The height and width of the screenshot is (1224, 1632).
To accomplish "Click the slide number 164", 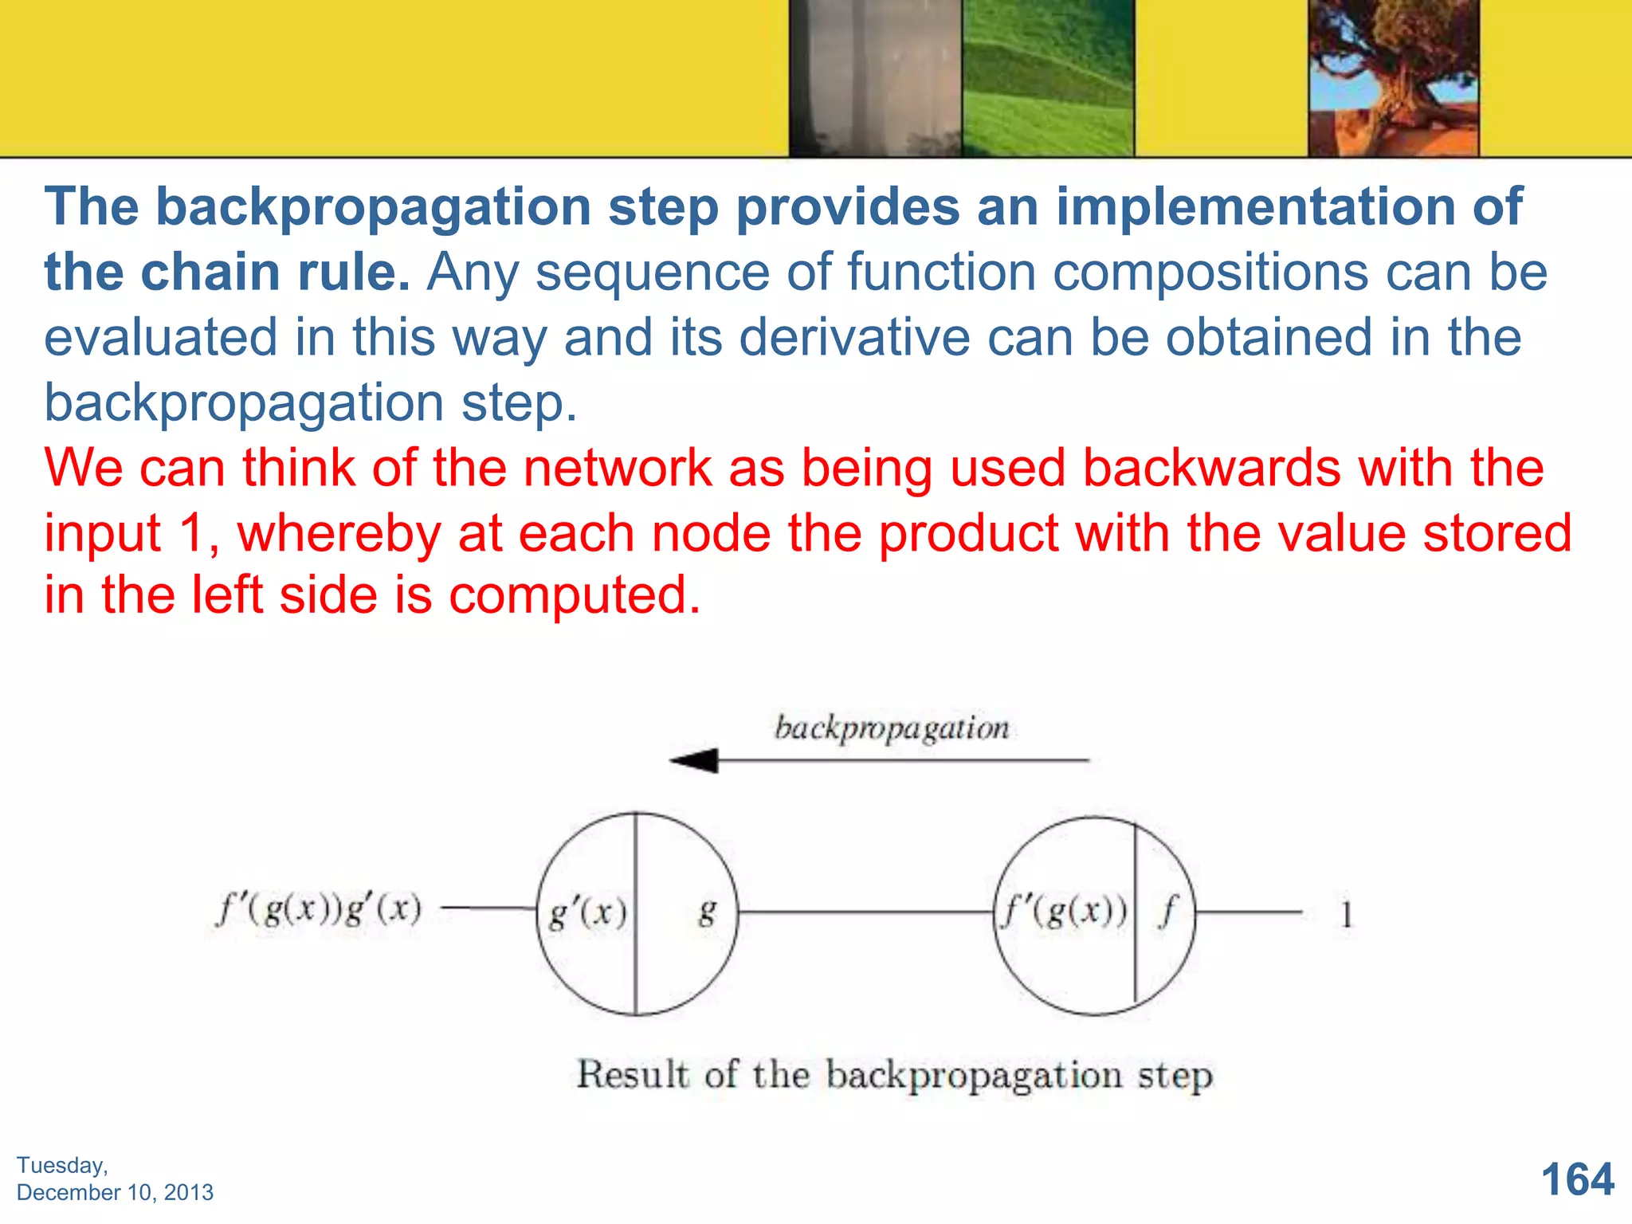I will click(x=1577, y=1179).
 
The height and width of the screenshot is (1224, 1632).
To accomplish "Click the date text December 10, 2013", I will click(x=116, y=1192).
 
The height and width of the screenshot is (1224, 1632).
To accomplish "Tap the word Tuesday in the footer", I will click(x=61, y=1165).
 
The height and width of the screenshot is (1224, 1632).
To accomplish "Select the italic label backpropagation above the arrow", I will click(x=892, y=728).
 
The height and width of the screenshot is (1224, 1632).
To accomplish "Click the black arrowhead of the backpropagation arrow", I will click(x=695, y=760).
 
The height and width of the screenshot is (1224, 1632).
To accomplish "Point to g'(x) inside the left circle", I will click(x=588, y=912).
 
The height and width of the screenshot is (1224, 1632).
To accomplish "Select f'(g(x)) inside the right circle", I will click(x=1065, y=911).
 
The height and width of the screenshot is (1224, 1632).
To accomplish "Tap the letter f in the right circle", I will click(x=1167, y=911).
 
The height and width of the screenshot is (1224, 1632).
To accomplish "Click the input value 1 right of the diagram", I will click(x=1346, y=914).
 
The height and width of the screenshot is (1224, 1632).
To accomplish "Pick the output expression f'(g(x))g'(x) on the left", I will click(x=319, y=909).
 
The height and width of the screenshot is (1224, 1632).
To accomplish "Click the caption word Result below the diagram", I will click(x=632, y=1074).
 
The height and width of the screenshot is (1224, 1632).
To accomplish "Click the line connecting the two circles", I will click(x=865, y=912).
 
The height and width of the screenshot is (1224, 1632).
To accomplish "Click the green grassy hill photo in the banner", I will click(x=1048, y=78).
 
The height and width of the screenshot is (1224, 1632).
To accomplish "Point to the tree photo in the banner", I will click(x=1393, y=78).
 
